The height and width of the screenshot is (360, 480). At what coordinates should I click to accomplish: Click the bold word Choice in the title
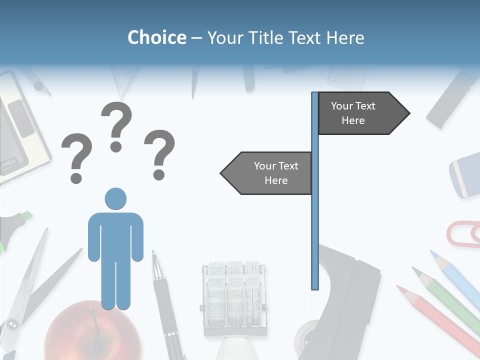156,37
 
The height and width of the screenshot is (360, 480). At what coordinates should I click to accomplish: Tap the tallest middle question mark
116,125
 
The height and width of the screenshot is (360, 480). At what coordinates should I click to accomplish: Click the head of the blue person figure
115,198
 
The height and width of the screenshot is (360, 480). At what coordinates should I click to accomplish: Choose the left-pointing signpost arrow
267,173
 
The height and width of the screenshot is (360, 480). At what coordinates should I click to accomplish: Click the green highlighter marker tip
25,216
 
